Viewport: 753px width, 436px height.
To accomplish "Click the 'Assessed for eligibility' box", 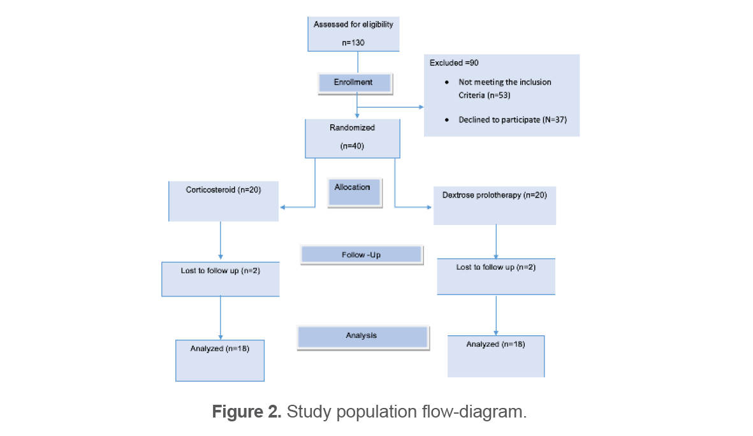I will tap(353, 33).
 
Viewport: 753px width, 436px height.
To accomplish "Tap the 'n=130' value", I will tap(353, 44).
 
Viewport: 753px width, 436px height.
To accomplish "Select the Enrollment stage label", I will tap(354, 83).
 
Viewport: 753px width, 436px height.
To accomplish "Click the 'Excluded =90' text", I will tap(454, 63).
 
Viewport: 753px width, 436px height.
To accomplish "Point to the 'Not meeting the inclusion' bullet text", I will tap(504, 82).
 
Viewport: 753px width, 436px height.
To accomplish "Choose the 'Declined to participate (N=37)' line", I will tap(513, 119).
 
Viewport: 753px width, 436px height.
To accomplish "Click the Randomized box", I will tap(353, 138).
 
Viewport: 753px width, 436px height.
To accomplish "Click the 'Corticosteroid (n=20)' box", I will tap(223, 201).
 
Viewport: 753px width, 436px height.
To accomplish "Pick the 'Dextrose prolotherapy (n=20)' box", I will tap(494, 205).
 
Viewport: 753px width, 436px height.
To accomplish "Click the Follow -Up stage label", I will tap(361, 255).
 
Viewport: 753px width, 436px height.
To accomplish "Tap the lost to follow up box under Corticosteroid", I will tap(220, 279).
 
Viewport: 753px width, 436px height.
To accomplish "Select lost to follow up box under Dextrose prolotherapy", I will tap(495, 276).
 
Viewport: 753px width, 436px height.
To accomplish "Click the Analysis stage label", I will tap(362, 337).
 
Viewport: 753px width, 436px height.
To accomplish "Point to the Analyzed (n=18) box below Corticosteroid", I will tap(219, 360).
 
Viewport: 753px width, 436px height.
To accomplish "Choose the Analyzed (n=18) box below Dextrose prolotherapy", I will tap(495, 356).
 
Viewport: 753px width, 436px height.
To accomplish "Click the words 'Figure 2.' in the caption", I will tap(247, 412).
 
